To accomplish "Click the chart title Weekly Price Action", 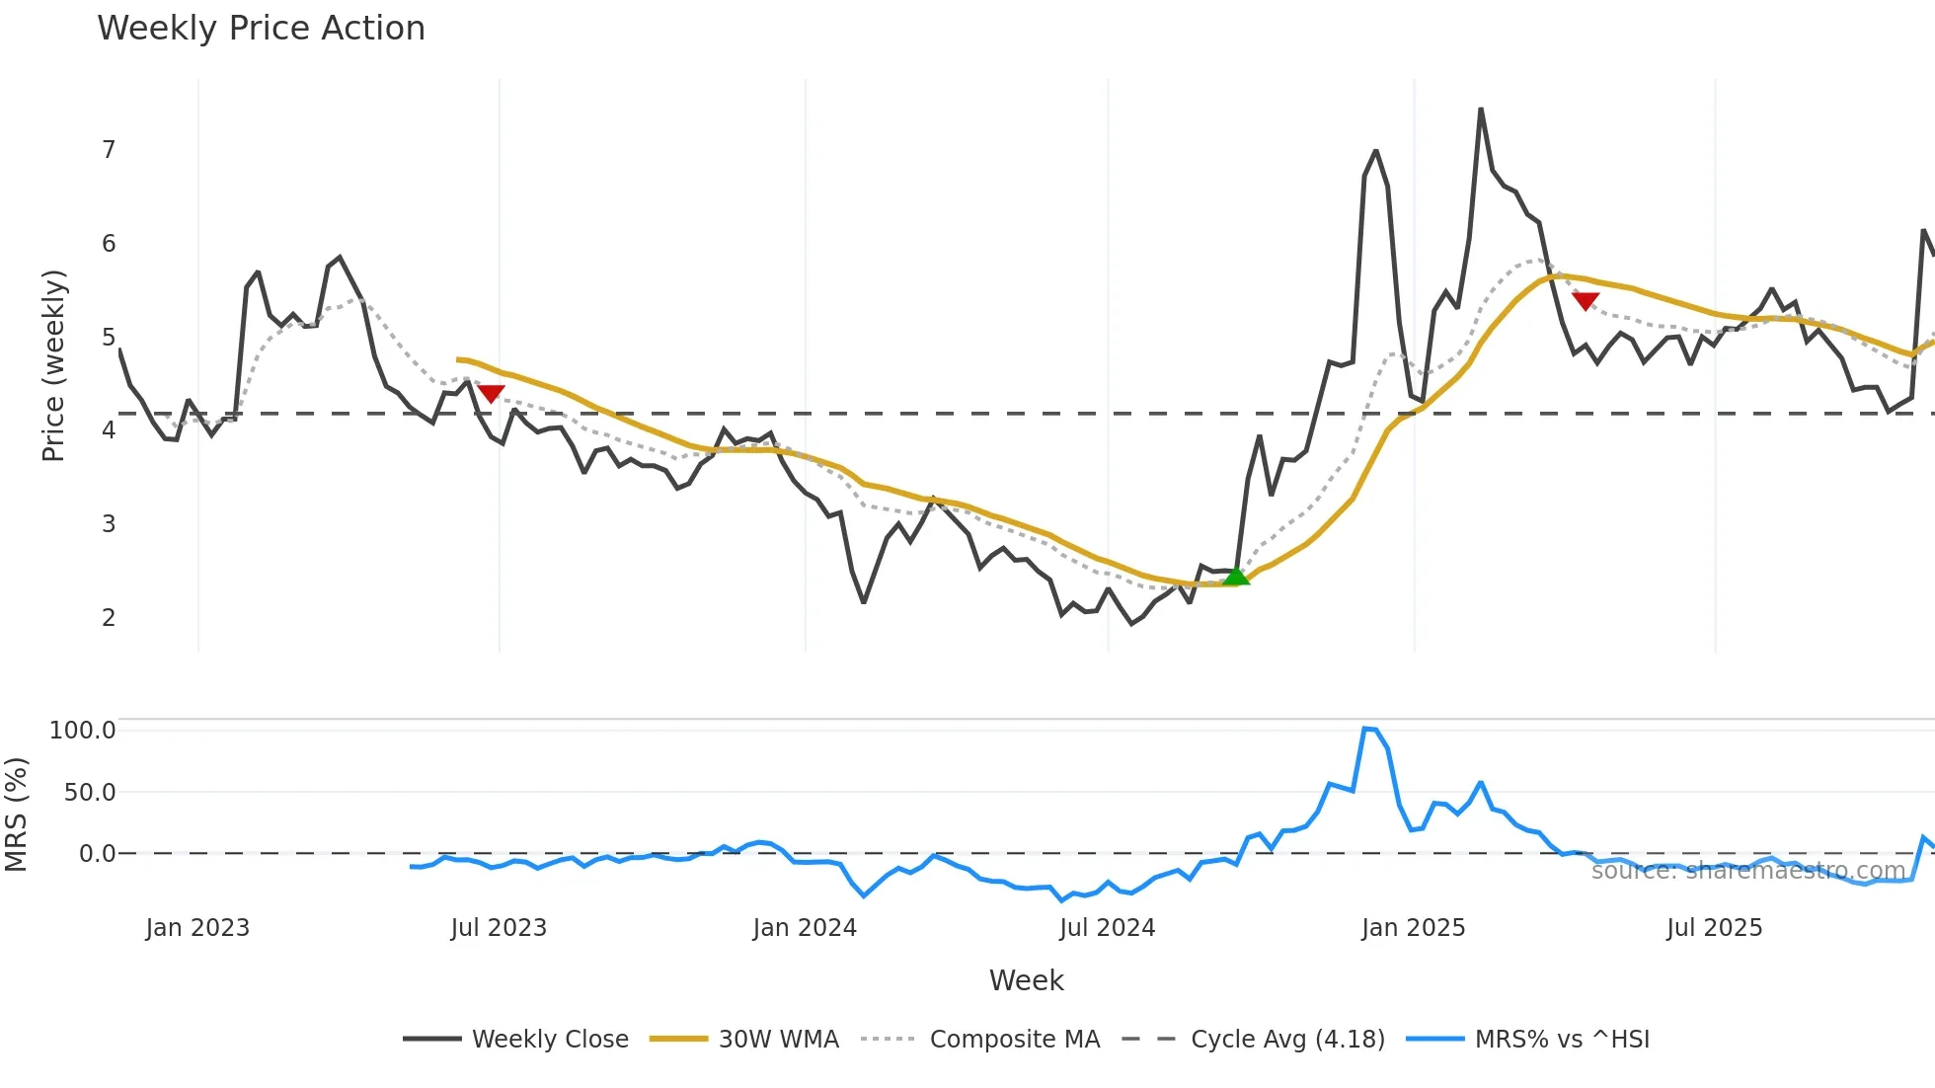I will click(x=261, y=29).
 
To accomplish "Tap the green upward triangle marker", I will click(x=1235, y=576).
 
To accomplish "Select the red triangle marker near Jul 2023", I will click(x=491, y=393).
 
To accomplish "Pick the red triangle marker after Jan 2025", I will click(x=1585, y=301).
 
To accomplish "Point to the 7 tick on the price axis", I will click(x=109, y=150).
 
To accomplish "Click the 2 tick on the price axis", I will click(x=109, y=618).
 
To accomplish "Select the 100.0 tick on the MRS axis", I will click(x=83, y=731).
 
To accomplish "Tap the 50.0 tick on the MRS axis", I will click(x=90, y=793).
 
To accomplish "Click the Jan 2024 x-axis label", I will click(x=805, y=928).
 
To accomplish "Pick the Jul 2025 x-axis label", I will click(x=1714, y=928).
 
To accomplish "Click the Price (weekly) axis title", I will click(x=53, y=365).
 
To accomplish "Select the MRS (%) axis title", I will click(x=16, y=815).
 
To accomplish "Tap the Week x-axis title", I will click(x=1026, y=980).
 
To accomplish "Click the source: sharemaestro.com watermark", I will click(x=1747, y=871).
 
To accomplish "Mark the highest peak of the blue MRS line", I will click(x=1366, y=729).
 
